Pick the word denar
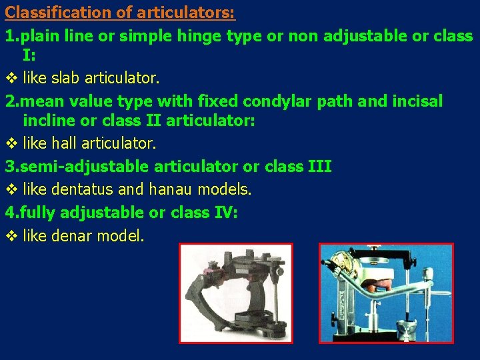(72, 235)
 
